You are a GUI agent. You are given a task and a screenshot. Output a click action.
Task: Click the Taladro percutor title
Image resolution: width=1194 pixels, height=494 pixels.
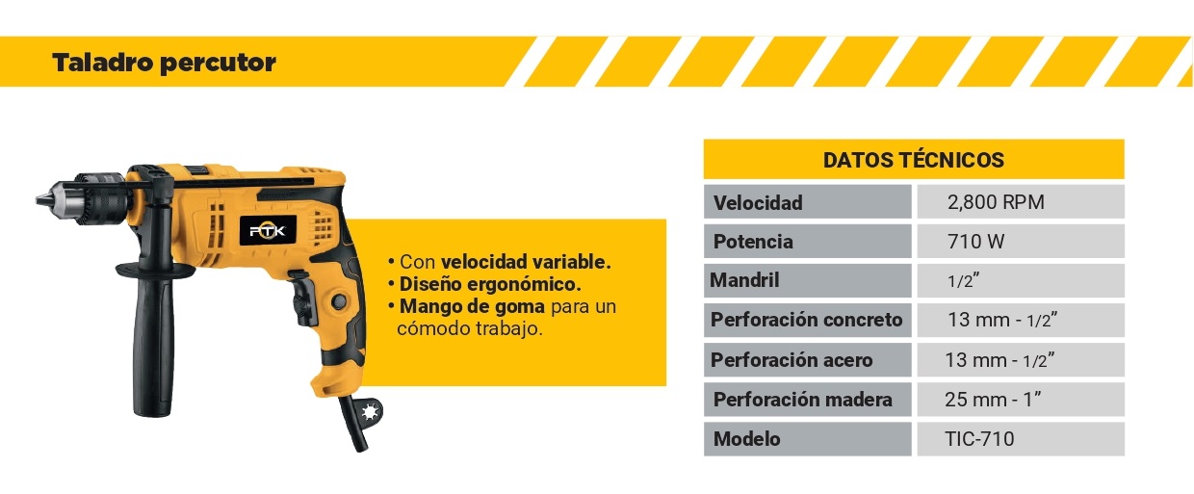point(164,63)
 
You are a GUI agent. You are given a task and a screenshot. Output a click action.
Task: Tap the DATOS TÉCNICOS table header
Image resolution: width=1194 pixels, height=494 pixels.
point(914,160)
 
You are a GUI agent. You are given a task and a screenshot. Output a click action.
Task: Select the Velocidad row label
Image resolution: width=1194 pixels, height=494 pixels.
point(758,202)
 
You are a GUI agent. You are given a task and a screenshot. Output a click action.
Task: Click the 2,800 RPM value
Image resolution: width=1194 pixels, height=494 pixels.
point(996,202)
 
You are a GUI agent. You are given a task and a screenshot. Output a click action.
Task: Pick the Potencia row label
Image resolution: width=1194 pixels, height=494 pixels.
point(753,242)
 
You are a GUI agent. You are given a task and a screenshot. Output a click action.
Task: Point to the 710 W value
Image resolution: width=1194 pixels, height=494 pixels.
point(976,242)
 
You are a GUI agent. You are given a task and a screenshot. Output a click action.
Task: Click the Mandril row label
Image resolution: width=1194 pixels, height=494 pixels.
point(744,280)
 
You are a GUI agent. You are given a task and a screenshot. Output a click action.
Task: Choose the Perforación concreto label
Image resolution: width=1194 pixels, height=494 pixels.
point(807,320)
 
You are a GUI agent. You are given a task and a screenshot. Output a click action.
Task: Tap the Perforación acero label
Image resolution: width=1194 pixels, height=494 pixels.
point(792,360)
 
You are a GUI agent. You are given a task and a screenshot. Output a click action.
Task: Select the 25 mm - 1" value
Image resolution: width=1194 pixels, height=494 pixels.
point(993,399)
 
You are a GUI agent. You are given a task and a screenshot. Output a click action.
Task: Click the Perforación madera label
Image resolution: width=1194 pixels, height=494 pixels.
point(803,399)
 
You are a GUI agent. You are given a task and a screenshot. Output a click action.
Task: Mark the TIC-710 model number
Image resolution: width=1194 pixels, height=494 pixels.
point(979,439)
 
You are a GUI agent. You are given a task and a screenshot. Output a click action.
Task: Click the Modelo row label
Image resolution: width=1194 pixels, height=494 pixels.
point(747,439)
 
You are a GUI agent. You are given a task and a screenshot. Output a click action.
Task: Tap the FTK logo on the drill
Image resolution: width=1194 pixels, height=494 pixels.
point(268,231)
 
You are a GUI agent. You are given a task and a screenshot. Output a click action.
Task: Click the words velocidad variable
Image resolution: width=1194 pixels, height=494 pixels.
point(526,262)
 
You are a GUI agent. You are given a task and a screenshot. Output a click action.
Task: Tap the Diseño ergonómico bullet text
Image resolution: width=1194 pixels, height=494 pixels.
point(490,284)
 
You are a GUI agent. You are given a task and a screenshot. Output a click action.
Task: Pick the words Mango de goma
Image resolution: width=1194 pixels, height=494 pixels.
point(472,306)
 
